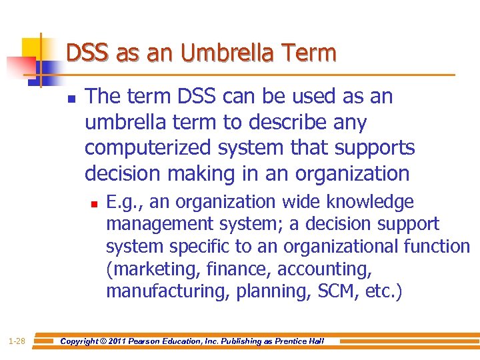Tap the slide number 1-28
[16, 341]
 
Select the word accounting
[325, 269]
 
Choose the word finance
[241, 269]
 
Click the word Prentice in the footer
[288, 341]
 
